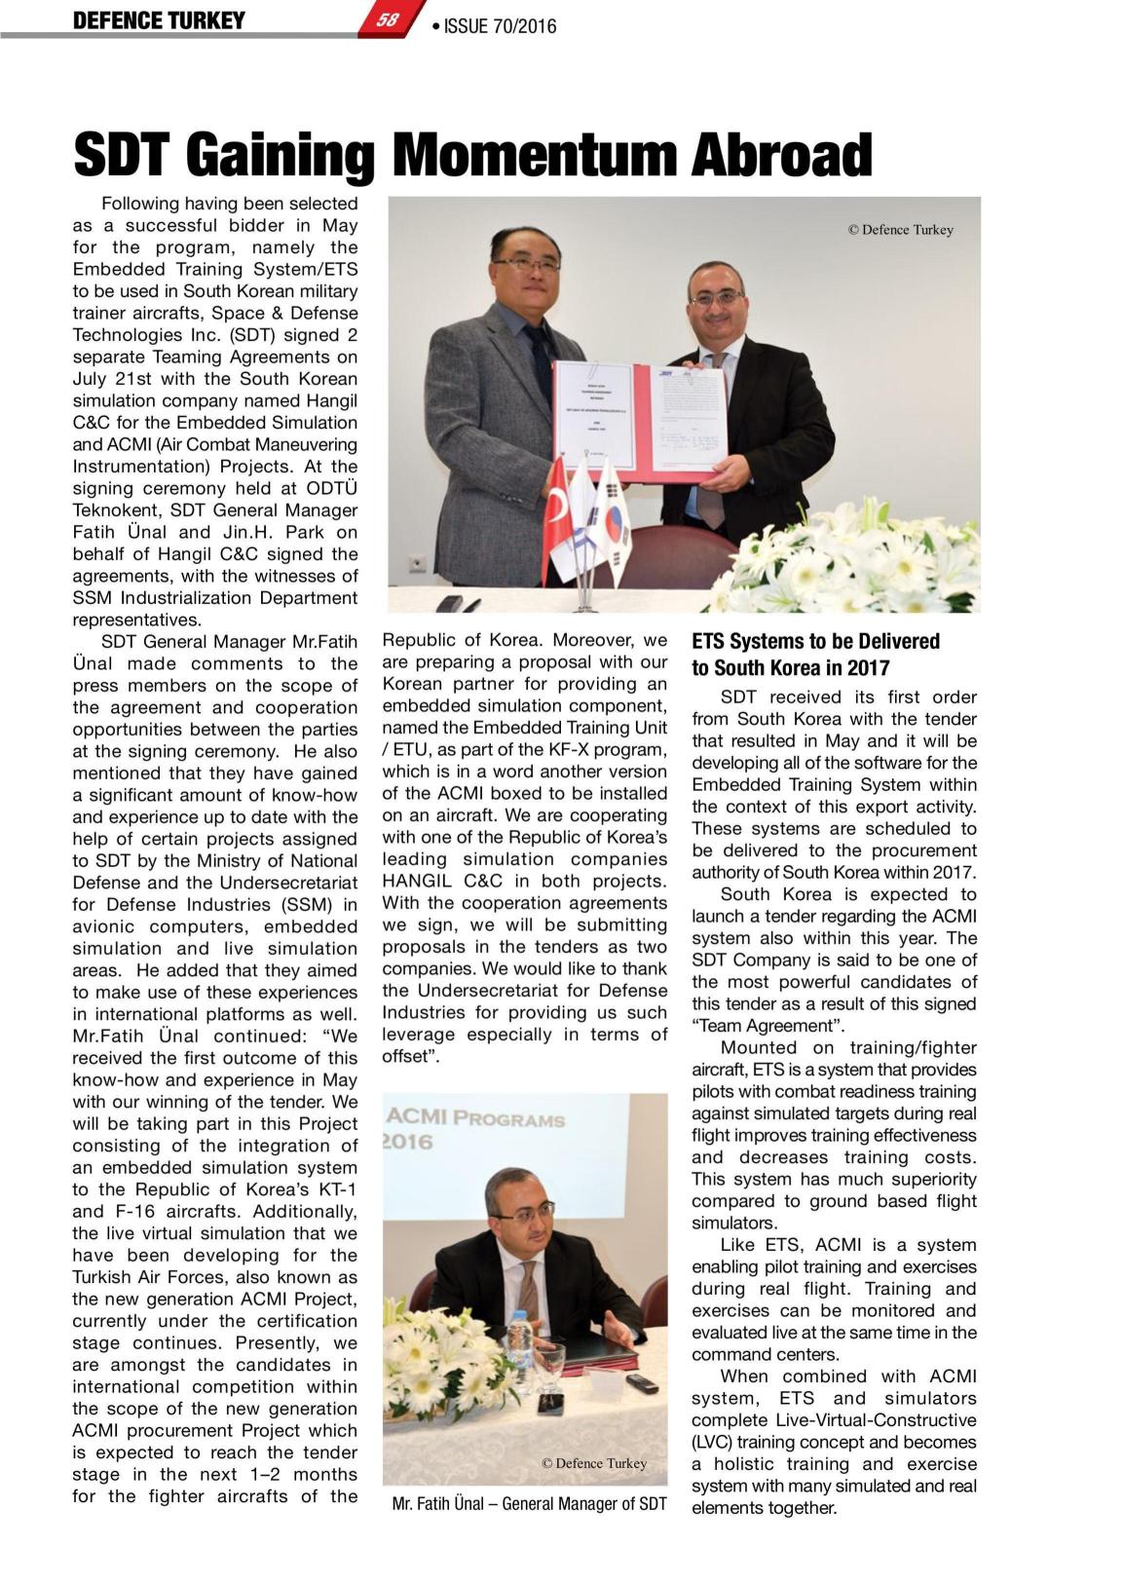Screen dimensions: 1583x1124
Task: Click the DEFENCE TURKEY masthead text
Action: pos(159,20)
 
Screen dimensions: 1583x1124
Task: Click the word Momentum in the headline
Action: pos(532,156)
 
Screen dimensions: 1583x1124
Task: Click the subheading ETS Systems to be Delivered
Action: pos(815,641)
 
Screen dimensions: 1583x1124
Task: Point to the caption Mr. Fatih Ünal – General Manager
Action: pos(529,1503)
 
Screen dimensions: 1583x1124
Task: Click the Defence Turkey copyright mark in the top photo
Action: pos(900,230)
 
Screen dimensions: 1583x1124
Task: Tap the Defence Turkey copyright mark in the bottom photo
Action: pos(594,1462)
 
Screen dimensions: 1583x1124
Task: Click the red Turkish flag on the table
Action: pos(557,507)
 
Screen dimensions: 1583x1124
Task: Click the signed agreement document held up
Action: pos(640,418)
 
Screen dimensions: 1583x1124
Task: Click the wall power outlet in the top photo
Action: pos(417,563)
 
